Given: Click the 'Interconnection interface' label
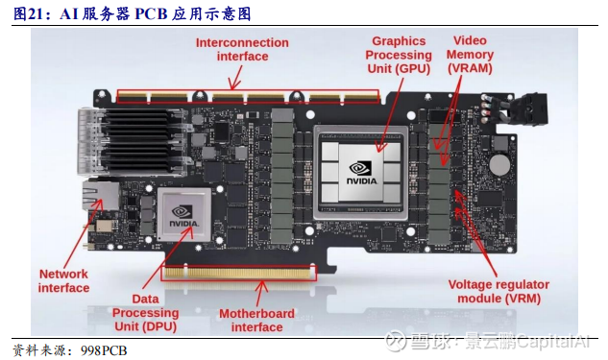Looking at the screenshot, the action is tap(242, 49).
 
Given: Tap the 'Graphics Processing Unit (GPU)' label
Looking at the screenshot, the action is tap(399, 55).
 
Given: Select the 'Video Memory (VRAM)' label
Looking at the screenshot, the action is tap(470, 55).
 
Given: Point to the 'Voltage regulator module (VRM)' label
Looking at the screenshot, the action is tap(499, 292).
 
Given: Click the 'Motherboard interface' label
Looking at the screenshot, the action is tap(256, 320).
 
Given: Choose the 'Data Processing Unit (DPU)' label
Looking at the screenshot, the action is tap(145, 313).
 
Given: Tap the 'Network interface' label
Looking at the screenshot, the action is tap(63, 281).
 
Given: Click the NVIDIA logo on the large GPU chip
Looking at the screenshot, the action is tap(361, 173).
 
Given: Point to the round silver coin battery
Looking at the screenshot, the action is tap(499, 164).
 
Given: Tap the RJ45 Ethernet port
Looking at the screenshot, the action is tap(101, 195).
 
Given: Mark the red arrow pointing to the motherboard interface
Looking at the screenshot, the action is tap(259, 294).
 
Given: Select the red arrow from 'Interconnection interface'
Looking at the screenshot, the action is tap(235, 77).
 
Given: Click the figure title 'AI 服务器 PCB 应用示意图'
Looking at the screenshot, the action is tap(156, 14).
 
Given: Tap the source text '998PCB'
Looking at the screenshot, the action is tap(104, 350).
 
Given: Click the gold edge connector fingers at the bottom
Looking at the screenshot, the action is tap(238, 273).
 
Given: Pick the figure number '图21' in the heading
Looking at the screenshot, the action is tap(28, 14).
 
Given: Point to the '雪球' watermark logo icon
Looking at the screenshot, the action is tap(396, 342).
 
